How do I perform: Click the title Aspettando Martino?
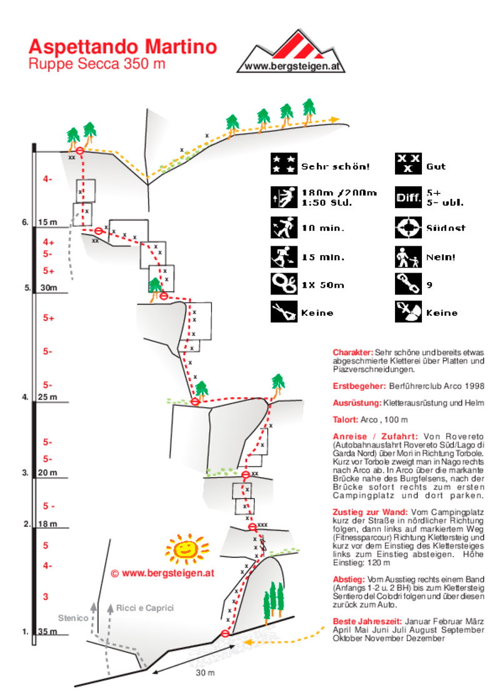pos(123,47)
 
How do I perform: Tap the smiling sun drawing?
pos(186,549)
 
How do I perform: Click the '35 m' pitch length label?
pos(47,631)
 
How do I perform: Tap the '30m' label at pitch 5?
pos(49,288)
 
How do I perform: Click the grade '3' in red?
pos(46,597)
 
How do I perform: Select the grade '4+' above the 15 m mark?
pos(49,241)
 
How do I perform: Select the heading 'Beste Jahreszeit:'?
pos(367,622)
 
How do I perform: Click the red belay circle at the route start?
pos(225,633)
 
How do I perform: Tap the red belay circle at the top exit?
pos(79,151)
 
